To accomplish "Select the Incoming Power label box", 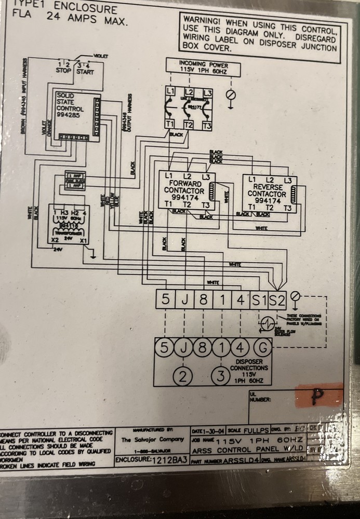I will pos(204,66).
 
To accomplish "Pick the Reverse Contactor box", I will pos(267,193).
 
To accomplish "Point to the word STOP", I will pos(63,71).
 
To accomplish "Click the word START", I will pos(85,71).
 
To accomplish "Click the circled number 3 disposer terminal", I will pos(222,375).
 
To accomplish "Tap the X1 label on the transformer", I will pos(82,241).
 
